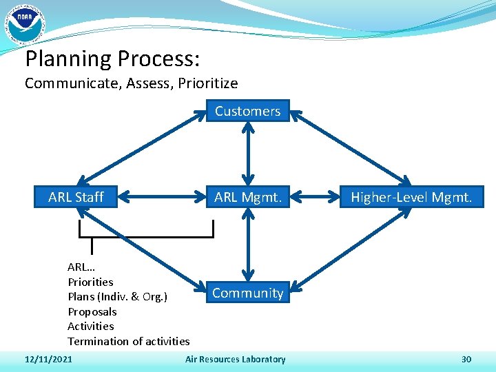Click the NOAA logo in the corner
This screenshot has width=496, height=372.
point(25,23)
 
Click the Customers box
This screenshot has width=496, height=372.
point(247,111)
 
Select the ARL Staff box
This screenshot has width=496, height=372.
point(76,197)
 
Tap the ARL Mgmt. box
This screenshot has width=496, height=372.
point(248,197)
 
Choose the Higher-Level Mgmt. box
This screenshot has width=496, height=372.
point(411,197)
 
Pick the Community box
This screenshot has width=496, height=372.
point(248,293)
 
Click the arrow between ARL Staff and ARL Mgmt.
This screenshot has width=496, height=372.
point(163,198)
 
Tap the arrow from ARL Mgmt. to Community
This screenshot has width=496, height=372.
point(248,245)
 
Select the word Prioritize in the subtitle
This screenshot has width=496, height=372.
point(205,84)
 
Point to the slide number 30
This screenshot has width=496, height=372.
point(466,359)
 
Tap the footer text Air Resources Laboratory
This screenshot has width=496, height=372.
point(236,359)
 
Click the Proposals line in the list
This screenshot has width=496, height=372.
point(92,311)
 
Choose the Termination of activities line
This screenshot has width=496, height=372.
point(128,341)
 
